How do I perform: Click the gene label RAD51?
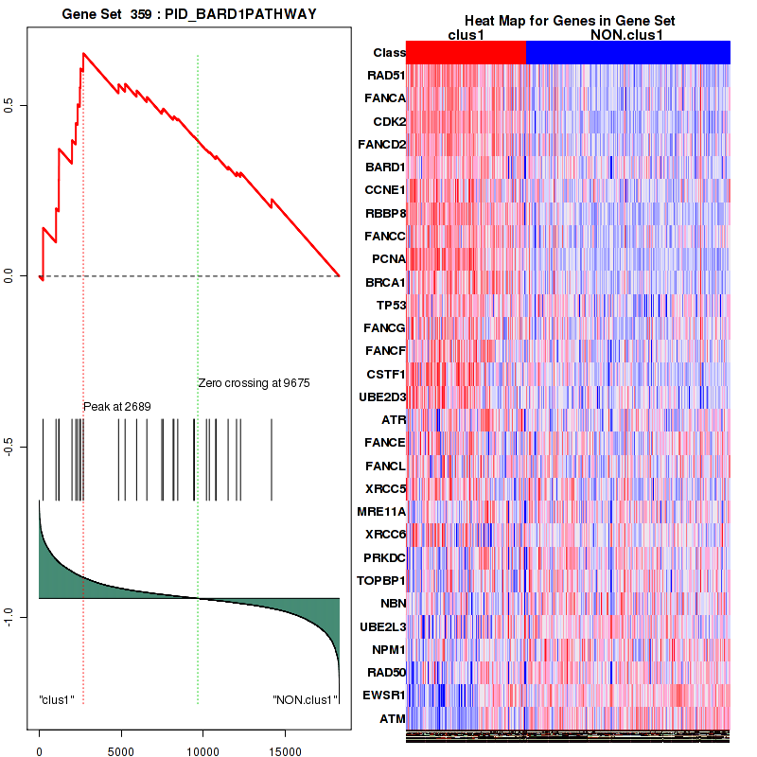(386, 76)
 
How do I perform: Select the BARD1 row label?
(385, 167)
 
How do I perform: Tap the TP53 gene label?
(391, 305)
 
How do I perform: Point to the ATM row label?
(393, 719)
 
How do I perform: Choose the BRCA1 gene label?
(385, 282)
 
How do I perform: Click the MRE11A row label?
(381, 512)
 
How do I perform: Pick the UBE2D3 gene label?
(383, 397)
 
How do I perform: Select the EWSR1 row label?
(384, 696)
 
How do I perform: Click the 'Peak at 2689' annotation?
(117, 406)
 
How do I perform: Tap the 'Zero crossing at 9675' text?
(254, 383)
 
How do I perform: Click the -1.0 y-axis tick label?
(11, 617)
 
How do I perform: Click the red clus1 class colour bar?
(466, 53)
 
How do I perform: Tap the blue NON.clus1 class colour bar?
(627, 53)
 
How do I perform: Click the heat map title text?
(570, 21)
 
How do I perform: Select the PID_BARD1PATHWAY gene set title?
(189, 15)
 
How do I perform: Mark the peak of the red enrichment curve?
(83, 54)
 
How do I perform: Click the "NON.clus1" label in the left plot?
(305, 700)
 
